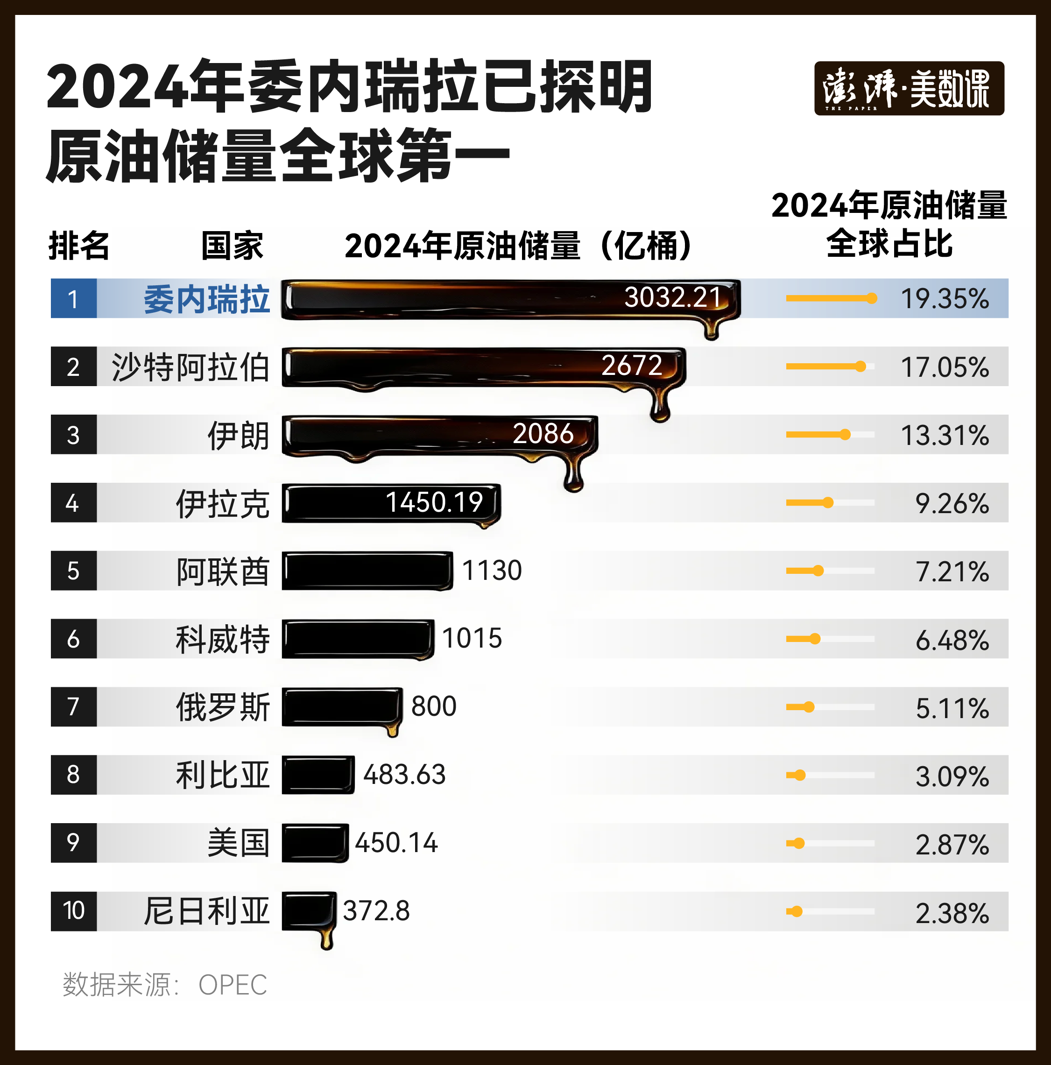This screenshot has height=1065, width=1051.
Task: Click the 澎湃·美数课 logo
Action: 909,88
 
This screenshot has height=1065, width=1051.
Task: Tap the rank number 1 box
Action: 73,298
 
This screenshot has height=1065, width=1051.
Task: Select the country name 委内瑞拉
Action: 207,299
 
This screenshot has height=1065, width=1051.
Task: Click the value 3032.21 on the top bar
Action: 672,298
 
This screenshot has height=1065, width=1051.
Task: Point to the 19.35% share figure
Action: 945,299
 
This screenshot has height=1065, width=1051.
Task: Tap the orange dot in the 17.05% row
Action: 861,367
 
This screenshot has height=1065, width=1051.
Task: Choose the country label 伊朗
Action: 238,436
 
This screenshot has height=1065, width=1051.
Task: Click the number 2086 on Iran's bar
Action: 543,433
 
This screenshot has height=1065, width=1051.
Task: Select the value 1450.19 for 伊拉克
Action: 434,502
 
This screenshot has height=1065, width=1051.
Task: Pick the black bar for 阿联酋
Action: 367,571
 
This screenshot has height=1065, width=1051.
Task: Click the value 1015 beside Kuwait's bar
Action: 472,638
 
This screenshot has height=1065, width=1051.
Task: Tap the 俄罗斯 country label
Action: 223,707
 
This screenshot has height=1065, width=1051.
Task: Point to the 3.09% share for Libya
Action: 952,776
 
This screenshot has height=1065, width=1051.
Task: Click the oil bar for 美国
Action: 315,842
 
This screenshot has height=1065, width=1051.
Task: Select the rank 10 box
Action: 73,910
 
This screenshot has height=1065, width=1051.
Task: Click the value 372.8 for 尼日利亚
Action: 376,910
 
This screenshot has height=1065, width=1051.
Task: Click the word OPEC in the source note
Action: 233,985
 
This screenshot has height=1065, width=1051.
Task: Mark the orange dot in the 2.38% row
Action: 797,911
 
